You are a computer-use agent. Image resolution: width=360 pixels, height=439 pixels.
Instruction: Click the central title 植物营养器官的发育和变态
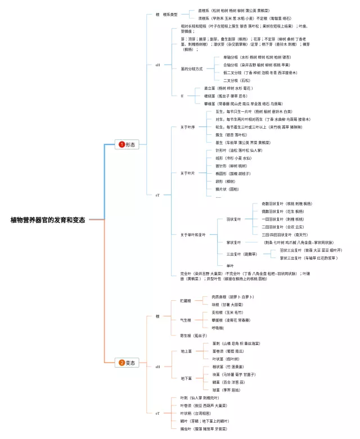pyautogui.click(x=48, y=220)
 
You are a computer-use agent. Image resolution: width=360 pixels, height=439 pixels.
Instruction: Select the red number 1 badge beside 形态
pyautogui.click(x=121, y=144)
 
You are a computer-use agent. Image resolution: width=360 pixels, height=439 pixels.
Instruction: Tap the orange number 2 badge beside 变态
pyautogui.click(x=121, y=363)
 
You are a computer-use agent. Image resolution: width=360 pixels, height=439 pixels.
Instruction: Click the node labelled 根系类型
pyautogui.click(x=170, y=14)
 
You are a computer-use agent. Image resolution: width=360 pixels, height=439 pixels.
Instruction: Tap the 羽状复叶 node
pyautogui.click(x=235, y=219)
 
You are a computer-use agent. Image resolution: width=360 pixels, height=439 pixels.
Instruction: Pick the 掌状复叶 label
pyautogui.click(x=235, y=242)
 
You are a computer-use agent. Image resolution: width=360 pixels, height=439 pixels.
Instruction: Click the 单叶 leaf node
pyautogui.click(x=230, y=265)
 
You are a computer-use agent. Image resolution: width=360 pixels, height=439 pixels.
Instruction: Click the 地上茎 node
pyautogui.click(x=186, y=351)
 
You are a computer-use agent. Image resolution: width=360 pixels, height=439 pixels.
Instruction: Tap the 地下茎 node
pyautogui.click(x=186, y=378)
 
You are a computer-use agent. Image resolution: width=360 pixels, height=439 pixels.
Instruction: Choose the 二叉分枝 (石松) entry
pyautogui.click(x=234, y=80)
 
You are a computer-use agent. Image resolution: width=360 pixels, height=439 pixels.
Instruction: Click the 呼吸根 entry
pyautogui.click(x=218, y=328)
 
